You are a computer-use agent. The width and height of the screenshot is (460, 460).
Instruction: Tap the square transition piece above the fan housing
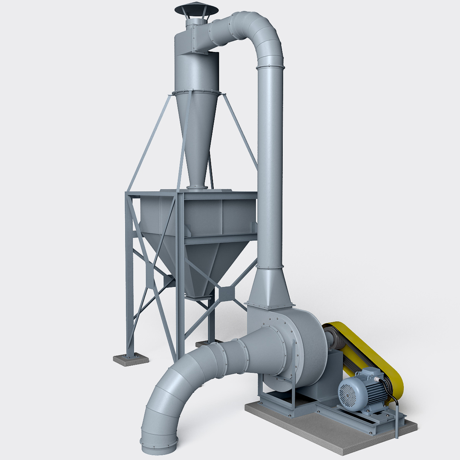point(269,290)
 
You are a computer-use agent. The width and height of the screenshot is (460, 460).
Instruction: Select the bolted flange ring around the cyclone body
point(197,92)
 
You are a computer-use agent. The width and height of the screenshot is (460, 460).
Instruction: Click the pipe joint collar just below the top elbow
point(270,67)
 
